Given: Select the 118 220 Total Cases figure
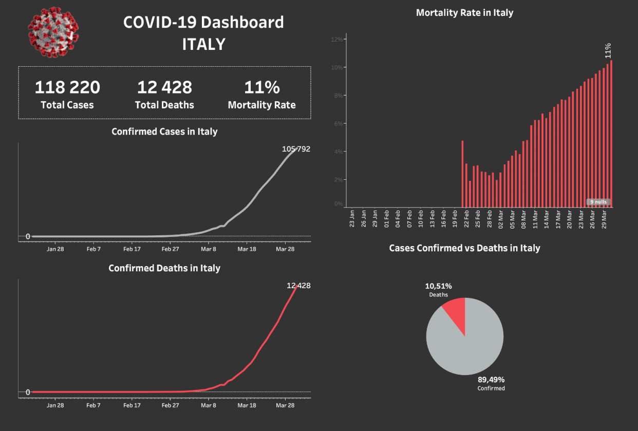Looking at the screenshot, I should [x=67, y=87].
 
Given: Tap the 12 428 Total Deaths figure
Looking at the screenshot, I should [x=164, y=87].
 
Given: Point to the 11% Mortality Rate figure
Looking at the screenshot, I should [x=261, y=87].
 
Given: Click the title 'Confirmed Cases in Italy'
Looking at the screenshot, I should [x=164, y=132].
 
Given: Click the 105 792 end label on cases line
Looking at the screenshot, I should [x=296, y=149].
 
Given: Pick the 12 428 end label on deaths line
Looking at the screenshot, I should [x=298, y=286].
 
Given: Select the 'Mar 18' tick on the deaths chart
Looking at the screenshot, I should [x=247, y=405].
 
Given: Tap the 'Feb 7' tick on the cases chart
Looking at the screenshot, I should [x=93, y=249].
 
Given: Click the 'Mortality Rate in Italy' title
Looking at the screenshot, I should [x=464, y=13].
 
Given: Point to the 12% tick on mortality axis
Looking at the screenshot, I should [x=337, y=40].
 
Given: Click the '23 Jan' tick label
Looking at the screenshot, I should [x=352, y=218].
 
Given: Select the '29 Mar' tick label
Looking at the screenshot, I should [x=605, y=218].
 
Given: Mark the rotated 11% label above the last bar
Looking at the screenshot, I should [x=608, y=51].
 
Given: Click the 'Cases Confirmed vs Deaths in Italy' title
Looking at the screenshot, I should [x=464, y=248].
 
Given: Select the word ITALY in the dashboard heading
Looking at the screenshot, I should [x=203, y=44].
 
